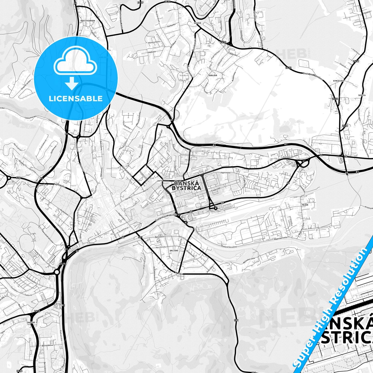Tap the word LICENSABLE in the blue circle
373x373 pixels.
pos(76,98)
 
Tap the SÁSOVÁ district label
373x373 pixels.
pos(197,23)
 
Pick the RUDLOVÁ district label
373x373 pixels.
pos(213,75)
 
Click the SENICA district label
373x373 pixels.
pos(362,95)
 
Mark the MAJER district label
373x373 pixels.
pos(305,205)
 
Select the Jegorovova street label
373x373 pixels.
pos(225,171)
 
